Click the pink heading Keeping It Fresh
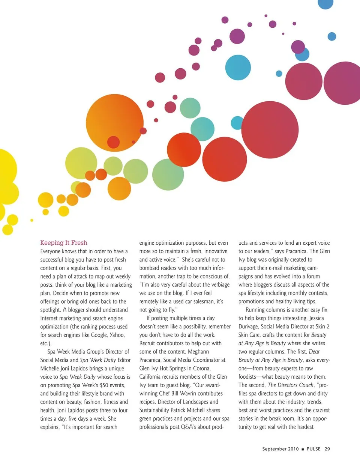pyautogui.click(x=64, y=243)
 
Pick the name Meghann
pyautogui.click(x=198, y=352)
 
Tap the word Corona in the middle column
pyautogui.click(x=201, y=368)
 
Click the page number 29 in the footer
pyautogui.click(x=327, y=449)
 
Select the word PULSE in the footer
pyautogui.click(x=313, y=449)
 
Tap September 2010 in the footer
pyautogui.click(x=280, y=449)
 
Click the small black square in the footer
pyautogui.click(x=303, y=449)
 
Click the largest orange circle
pyautogui.click(x=115, y=122)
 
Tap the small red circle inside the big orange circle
pyautogui.click(x=113, y=142)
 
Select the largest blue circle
pyautogui.click(x=238, y=68)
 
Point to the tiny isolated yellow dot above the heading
pyautogui.click(x=32, y=220)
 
